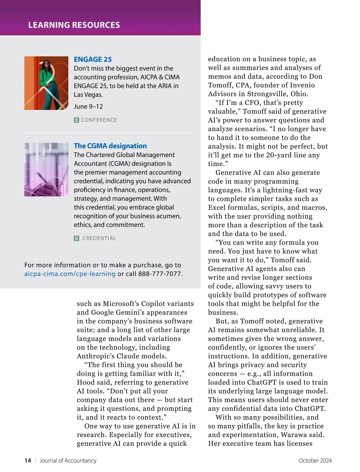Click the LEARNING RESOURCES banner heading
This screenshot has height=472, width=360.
(x=74, y=25)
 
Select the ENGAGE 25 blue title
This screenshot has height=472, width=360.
(x=93, y=59)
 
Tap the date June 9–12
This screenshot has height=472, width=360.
(x=88, y=106)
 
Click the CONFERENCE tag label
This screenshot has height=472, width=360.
(x=99, y=120)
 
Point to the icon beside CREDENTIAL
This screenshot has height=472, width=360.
(x=76, y=238)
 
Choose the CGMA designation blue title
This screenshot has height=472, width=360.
(x=110, y=146)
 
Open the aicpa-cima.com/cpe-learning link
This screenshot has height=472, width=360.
(x=70, y=274)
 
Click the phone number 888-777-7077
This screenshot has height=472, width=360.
(x=160, y=274)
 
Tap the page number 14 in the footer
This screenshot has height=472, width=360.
(x=28, y=461)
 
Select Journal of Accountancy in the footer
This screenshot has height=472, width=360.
(x=68, y=461)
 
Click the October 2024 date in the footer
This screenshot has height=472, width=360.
(x=315, y=461)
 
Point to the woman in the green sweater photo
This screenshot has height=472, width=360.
(x=46, y=83)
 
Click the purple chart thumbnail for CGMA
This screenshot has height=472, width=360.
(x=46, y=170)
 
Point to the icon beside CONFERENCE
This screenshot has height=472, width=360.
(x=76, y=120)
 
